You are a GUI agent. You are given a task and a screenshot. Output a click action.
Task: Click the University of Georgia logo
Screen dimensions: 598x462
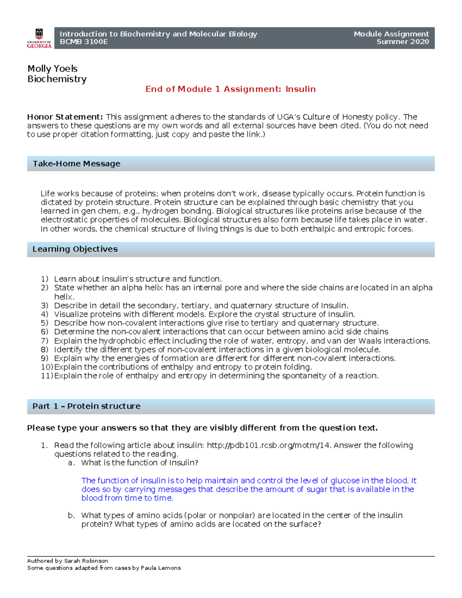(x=39, y=38)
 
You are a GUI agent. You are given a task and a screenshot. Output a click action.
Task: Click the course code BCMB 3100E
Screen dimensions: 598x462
(x=84, y=42)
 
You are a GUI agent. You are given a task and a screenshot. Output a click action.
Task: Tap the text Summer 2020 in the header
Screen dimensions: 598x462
(x=402, y=42)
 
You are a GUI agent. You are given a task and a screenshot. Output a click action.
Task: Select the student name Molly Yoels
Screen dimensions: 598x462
(x=52, y=69)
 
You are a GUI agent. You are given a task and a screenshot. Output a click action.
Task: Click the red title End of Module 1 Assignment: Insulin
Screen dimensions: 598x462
(x=230, y=89)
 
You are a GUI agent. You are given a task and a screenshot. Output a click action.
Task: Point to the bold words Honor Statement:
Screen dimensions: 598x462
(x=65, y=117)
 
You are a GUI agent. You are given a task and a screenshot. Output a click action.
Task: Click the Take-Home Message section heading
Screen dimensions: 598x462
(x=76, y=164)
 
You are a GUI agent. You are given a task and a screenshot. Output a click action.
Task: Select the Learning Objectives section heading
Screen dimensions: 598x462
(x=75, y=249)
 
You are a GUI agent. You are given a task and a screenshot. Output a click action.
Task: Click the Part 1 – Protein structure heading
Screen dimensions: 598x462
(x=86, y=406)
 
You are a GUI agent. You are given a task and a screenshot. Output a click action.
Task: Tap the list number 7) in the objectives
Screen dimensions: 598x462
(x=45, y=341)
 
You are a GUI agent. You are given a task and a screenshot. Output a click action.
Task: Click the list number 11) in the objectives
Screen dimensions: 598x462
(x=47, y=375)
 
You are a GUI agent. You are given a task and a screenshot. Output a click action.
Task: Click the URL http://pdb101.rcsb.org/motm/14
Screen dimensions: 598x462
(x=268, y=446)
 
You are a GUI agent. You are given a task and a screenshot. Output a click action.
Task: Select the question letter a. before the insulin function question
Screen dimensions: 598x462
(x=71, y=463)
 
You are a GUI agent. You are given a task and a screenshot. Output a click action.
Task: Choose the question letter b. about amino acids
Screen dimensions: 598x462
(x=71, y=516)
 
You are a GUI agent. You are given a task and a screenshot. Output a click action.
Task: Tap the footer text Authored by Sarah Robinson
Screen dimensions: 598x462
(x=67, y=561)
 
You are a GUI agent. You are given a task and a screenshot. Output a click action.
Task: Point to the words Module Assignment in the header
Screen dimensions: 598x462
(x=391, y=34)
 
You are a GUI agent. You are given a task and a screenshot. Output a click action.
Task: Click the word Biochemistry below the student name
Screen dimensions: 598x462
(x=57, y=79)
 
